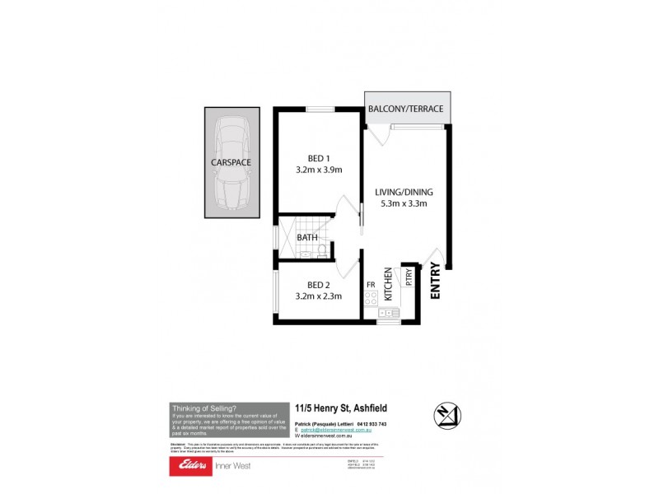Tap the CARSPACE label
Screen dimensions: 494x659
tap(231, 163)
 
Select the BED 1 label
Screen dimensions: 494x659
tap(318, 158)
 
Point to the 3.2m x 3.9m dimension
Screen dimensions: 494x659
tap(318, 170)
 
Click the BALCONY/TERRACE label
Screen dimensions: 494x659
tap(406, 109)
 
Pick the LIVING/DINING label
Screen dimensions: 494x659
tap(404, 193)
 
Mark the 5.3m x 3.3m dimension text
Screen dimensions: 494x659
tap(404, 204)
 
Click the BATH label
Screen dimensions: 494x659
tap(306, 238)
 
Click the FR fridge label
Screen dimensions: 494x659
tap(372, 285)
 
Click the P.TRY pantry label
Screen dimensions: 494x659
tap(409, 277)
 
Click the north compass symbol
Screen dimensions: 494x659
tap(447, 415)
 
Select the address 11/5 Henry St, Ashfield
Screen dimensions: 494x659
tap(341, 408)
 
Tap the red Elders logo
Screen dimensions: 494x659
tap(189, 466)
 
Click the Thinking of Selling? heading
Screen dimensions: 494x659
tap(203, 408)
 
